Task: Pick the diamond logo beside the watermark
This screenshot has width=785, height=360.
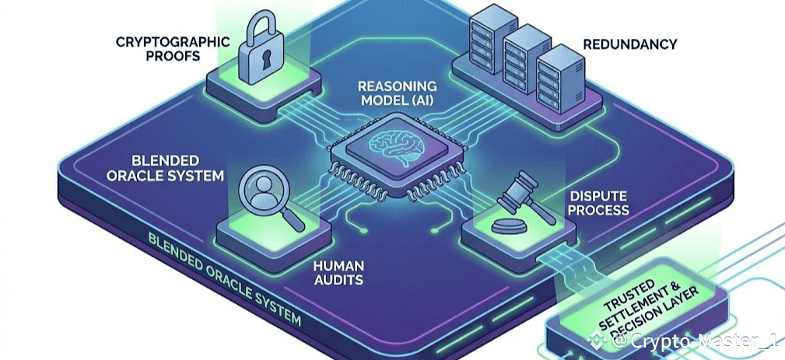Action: (598, 340)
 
